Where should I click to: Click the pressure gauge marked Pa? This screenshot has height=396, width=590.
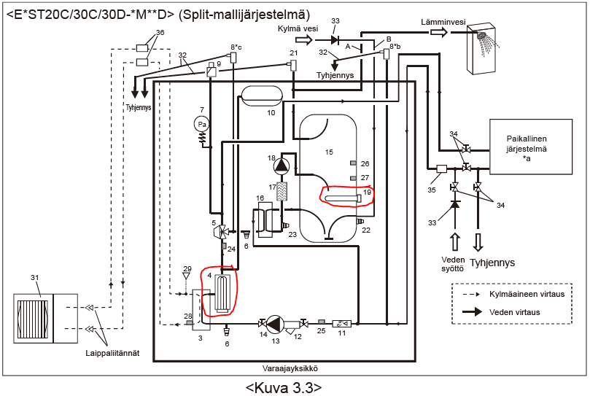pos(202,124)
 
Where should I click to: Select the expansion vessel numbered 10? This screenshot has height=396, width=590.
pos(262,96)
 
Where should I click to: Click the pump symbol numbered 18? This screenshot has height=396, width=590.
pos(282,165)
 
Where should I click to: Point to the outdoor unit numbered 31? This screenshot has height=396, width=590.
pos(45,319)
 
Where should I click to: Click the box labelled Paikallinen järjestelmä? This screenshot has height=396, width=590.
pos(530,147)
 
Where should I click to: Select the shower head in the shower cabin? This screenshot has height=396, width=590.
pos(482,36)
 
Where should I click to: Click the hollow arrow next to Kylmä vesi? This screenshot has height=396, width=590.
pos(304,39)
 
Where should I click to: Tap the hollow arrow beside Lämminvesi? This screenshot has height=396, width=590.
pos(439,32)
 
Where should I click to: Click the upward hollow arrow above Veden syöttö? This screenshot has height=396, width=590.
pos(455,241)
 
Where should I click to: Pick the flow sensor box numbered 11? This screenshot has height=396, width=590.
pos(341,323)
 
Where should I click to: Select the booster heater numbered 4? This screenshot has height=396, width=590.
pos(221,292)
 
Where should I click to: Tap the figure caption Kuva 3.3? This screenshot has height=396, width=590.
pos(284,388)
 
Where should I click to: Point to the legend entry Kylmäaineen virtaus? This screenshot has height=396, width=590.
pos(527,294)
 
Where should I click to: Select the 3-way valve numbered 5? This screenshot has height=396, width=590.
pos(220,230)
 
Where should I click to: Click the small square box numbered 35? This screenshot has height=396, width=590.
pos(441,168)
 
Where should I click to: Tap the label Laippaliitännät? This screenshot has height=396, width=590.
pos(112,353)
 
